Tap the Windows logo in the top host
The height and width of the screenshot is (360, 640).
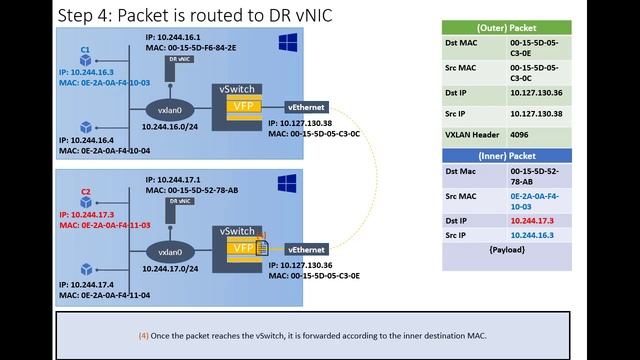point(288,44)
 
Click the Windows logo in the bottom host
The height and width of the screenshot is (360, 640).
point(288,184)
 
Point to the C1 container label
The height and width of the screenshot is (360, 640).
point(86,48)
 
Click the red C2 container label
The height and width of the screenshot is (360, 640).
point(86,190)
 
